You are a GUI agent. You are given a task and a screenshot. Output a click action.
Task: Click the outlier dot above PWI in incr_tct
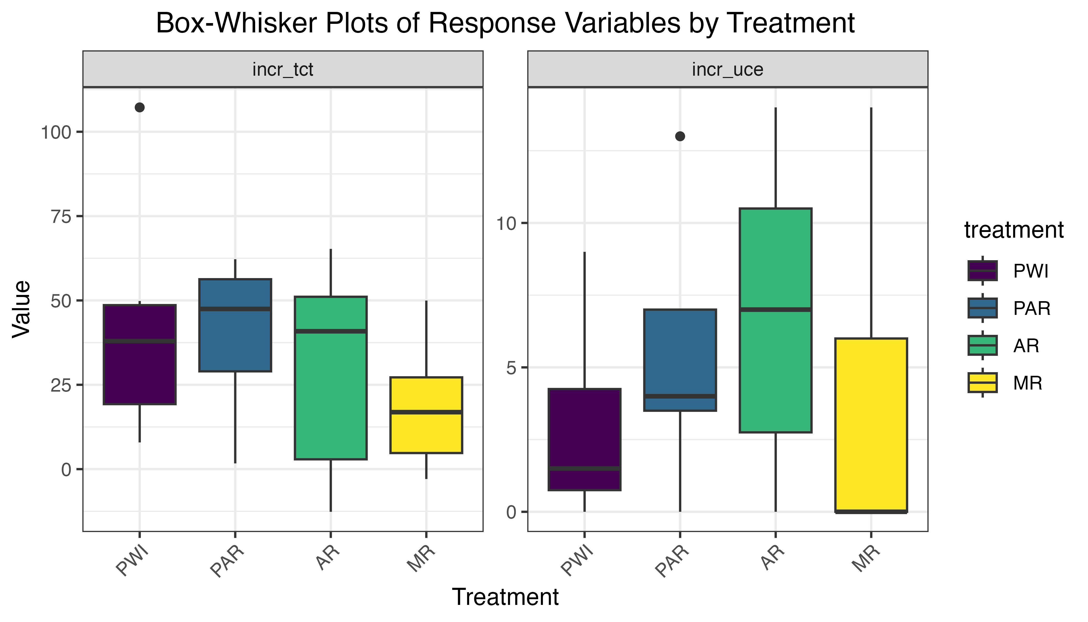140,107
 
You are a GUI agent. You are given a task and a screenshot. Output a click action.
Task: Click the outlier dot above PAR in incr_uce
680,136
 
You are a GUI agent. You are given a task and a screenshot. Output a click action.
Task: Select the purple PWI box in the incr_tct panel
140,372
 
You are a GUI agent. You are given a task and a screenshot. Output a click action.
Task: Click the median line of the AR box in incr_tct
331,331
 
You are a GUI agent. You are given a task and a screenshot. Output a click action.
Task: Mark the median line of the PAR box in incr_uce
680,396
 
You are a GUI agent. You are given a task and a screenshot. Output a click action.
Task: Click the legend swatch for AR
983,345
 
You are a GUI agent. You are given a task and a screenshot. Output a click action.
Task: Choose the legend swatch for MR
983,382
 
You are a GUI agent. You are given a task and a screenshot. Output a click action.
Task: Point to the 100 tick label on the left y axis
55,132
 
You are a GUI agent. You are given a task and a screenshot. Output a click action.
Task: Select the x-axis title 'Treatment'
505,597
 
